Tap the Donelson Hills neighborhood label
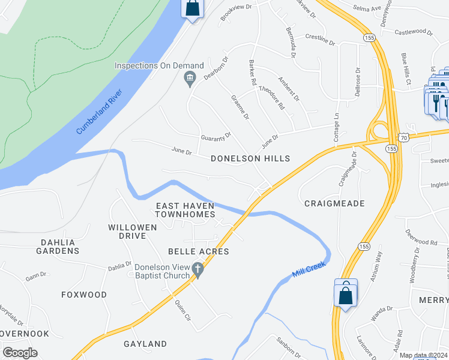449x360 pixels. (250, 159)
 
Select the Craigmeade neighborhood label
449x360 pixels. (334, 204)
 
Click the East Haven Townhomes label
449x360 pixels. (185, 210)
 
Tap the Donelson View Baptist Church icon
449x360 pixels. (199, 272)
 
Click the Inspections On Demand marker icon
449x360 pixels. (190, 77)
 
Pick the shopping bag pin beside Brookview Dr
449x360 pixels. (193, 8)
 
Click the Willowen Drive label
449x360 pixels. (133, 232)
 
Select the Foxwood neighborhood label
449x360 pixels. (84, 295)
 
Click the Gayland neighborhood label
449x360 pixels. (145, 344)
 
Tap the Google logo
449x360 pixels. (20, 353)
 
